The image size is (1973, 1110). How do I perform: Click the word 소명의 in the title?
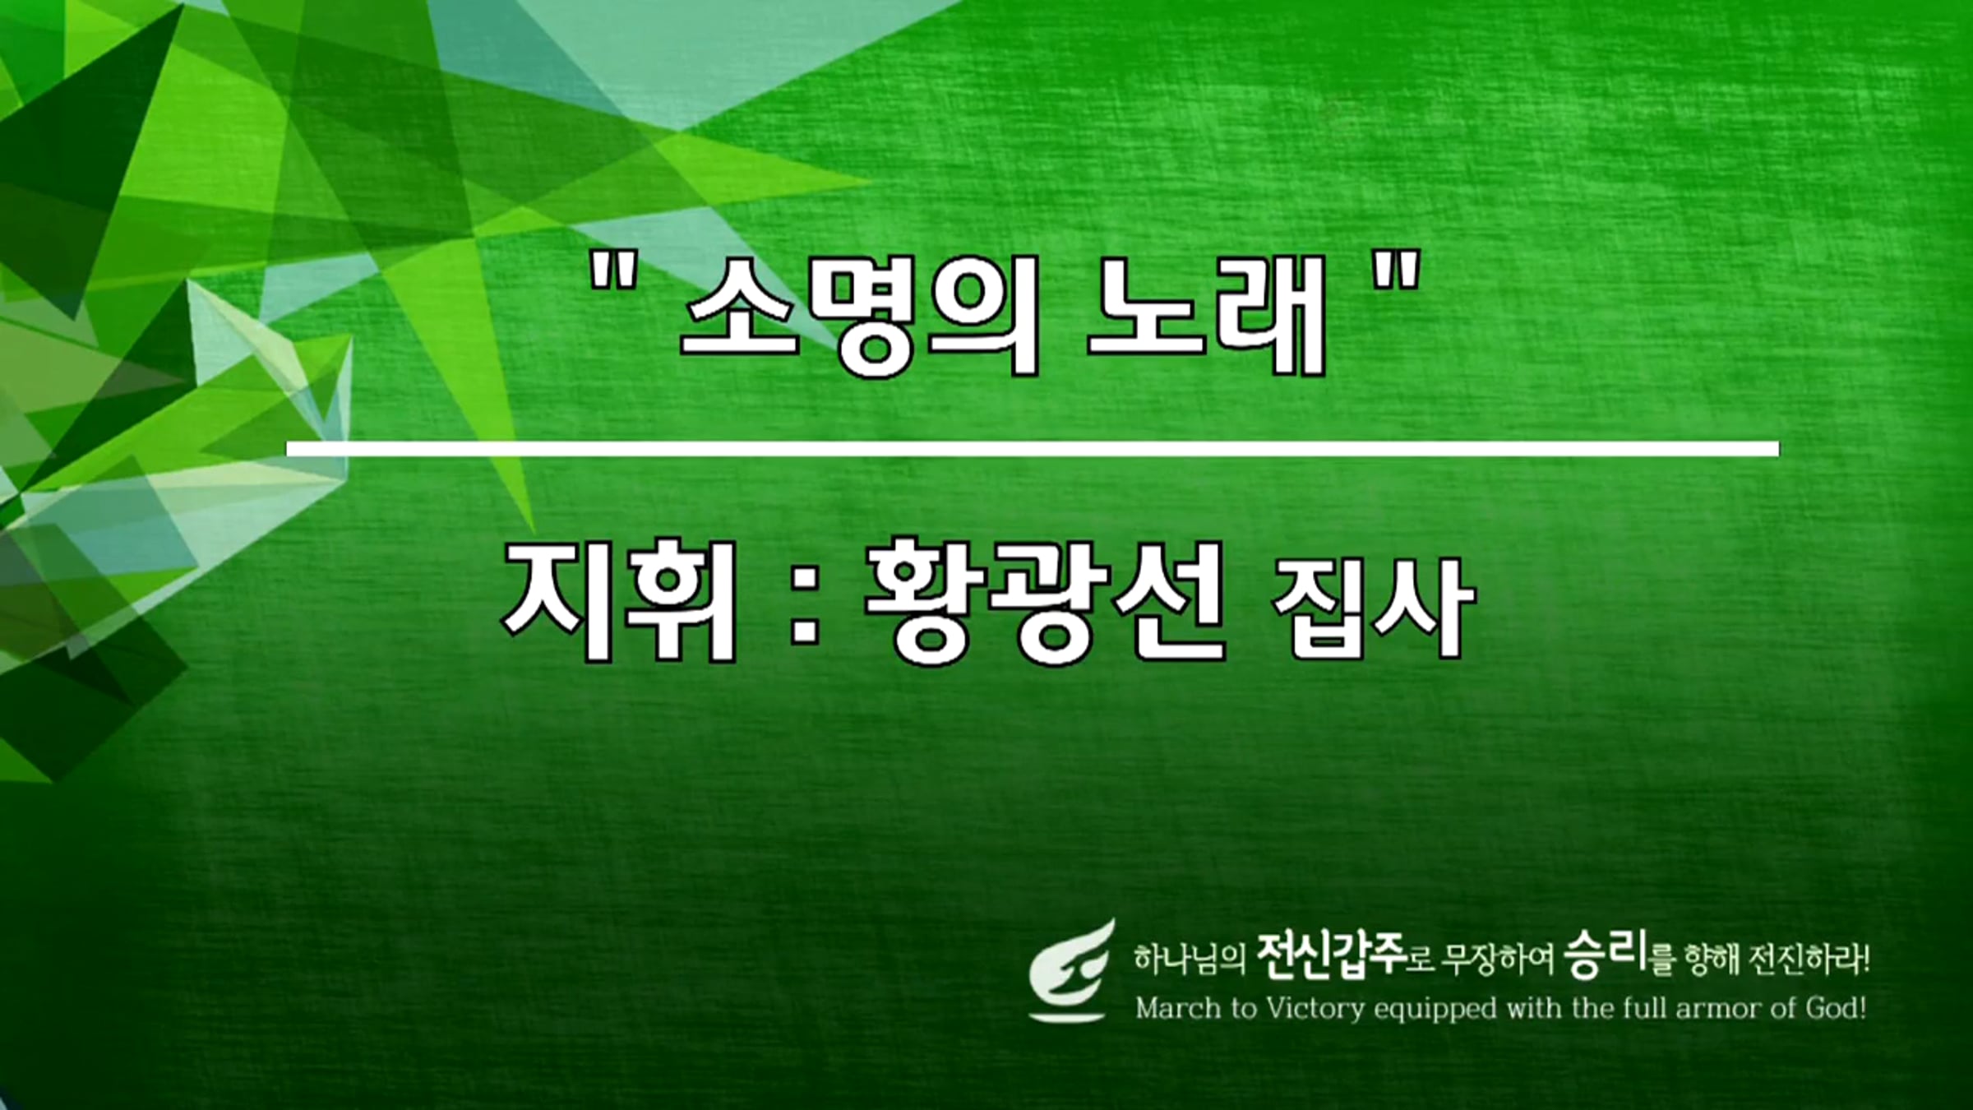coord(860,316)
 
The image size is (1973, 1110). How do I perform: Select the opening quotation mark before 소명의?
coord(614,272)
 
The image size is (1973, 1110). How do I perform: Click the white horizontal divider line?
coord(1033,449)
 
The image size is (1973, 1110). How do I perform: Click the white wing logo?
coord(1072,971)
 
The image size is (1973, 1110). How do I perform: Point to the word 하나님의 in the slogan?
coord(1190,959)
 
